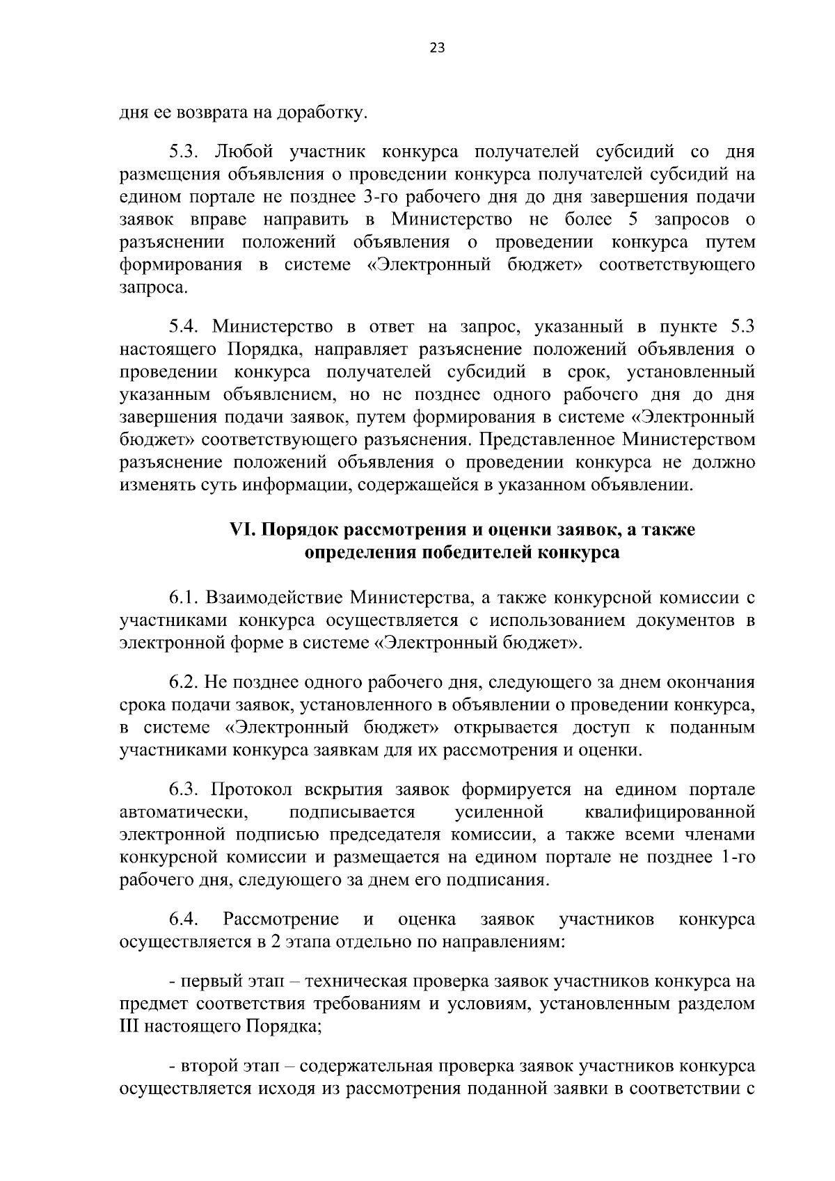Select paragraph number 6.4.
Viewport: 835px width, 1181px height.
coord(184,920)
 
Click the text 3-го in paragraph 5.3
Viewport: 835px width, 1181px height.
coord(380,197)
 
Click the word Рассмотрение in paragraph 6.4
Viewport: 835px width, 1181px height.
coord(281,920)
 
